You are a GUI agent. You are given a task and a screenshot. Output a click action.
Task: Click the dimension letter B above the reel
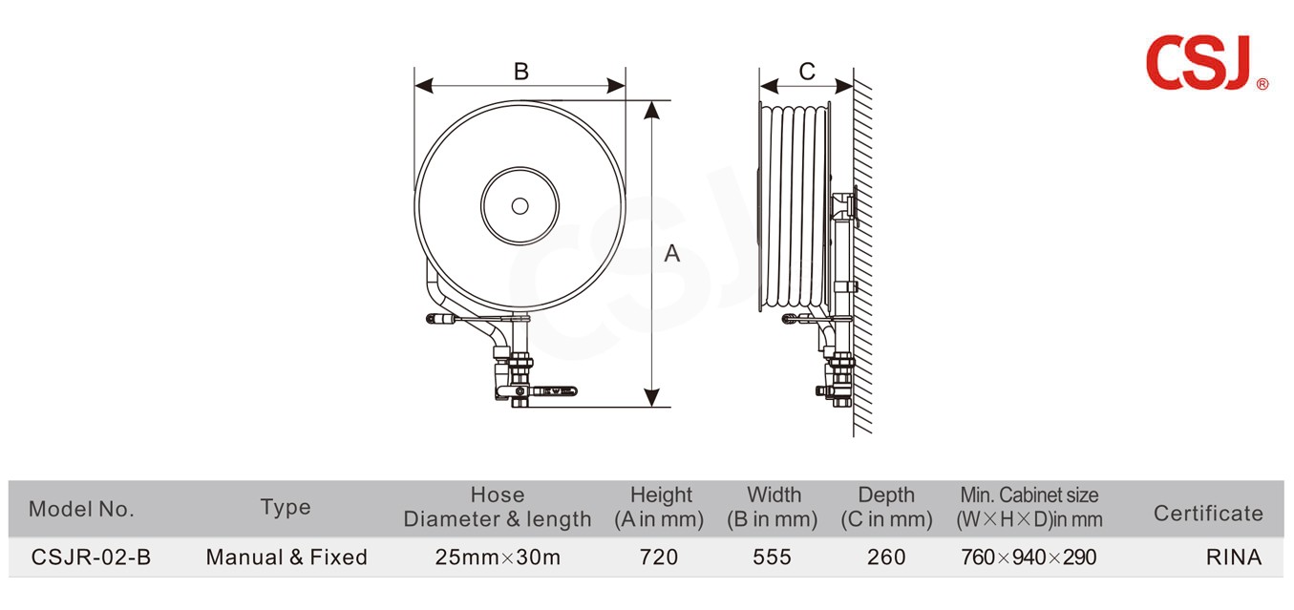[x=521, y=72]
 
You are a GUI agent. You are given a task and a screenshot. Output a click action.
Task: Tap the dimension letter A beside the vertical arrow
[x=671, y=254]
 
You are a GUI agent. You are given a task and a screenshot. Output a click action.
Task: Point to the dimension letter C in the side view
[x=807, y=72]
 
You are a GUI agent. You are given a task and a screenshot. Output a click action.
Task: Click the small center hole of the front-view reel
[x=520, y=206]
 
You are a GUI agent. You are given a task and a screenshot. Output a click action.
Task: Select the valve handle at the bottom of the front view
[x=554, y=391]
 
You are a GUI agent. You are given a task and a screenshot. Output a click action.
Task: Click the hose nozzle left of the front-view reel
[x=441, y=318]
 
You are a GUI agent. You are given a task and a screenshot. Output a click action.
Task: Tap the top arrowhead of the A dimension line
[x=651, y=110]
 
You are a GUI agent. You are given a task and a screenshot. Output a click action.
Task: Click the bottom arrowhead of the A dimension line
[x=651, y=397]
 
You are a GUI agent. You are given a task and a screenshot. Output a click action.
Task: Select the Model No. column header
[x=81, y=509]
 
